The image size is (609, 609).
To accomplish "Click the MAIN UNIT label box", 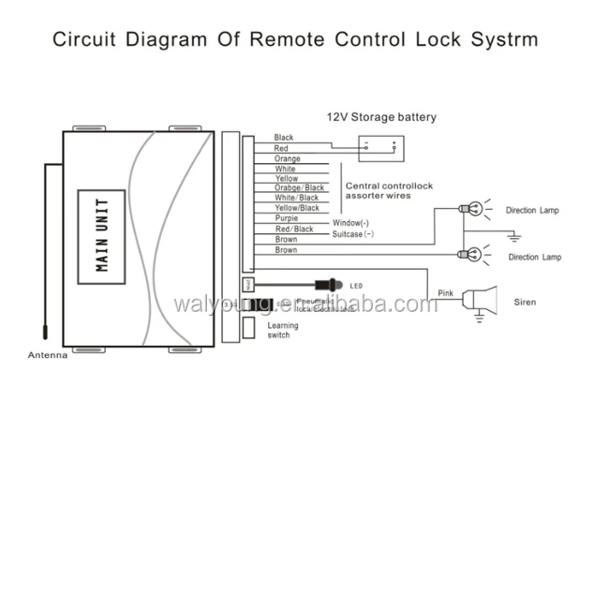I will pos(102,234).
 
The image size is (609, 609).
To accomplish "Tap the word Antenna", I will pos(47,356).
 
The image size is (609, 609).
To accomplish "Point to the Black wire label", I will pos(283,138).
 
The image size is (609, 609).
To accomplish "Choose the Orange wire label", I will pos(287,158).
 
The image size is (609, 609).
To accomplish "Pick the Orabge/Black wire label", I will pos(299,187).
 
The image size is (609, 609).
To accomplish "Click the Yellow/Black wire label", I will pos(296,208).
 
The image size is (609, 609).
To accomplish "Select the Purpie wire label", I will pos(287,218).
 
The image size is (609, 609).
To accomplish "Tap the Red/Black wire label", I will pos(293,229).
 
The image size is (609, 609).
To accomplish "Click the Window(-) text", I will pos(351,223).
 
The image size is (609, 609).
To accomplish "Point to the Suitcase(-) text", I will pos(353,234).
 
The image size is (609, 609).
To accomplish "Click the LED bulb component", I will pos(329,283).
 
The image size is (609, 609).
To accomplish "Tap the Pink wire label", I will pos(446,294).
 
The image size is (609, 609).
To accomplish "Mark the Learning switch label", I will pos(283,330).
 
